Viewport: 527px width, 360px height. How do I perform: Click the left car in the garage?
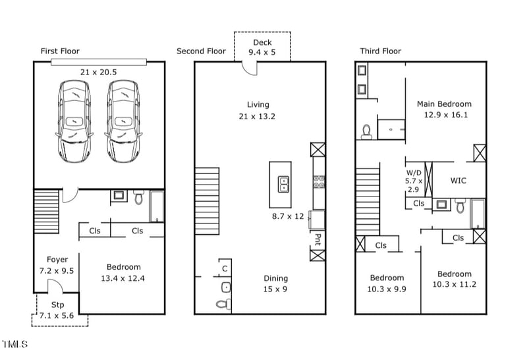pyautogui.click(x=74, y=121)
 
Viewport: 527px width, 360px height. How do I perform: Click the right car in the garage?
pyautogui.click(x=123, y=121)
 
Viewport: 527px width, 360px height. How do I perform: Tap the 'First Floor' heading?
pyautogui.click(x=60, y=51)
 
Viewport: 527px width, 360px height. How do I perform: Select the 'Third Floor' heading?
pyautogui.click(x=380, y=51)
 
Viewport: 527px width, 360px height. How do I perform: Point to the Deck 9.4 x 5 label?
pyautogui.click(x=262, y=47)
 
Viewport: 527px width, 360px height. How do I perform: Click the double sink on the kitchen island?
pyautogui.click(x=283, y=184)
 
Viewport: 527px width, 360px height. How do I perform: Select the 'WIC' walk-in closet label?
pyautogui.click(x=458, y=181)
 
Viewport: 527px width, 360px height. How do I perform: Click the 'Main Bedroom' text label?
pyautogui.click(x=444, y=104)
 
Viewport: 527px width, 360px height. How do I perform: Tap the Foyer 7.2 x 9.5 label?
pyautogui.click(x=57, y=265)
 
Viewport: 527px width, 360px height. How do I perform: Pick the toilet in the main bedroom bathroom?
pyautogui.click(x=367, y=131)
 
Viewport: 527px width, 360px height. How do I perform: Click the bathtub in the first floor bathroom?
pyautogui.click(x=157, y=206)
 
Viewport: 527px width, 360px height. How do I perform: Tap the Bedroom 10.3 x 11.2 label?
pyautogui.click(x=454, y=279)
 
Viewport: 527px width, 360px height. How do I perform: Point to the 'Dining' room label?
pyautogui.click(x=276, y=278)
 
